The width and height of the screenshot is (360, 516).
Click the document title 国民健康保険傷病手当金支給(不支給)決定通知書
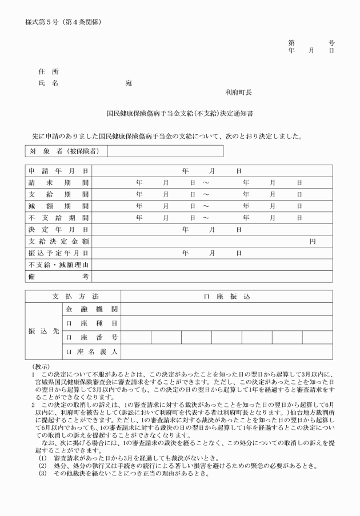pyautogui.click(x=180, y=114)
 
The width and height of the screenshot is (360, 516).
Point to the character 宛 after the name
pyautogui.click(x=129, y=83)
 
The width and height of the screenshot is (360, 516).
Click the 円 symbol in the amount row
pyautogui.click(x=313, y=241)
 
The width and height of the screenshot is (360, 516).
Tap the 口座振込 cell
pyautogui.click(x=227, y=297)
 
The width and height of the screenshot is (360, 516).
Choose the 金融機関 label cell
pyautogui.click(x=91, y=310)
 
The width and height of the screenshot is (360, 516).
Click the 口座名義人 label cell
pyautogui.click(x=91, y=351)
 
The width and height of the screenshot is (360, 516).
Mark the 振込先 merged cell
pyautogui.click(x=43, y=330)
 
